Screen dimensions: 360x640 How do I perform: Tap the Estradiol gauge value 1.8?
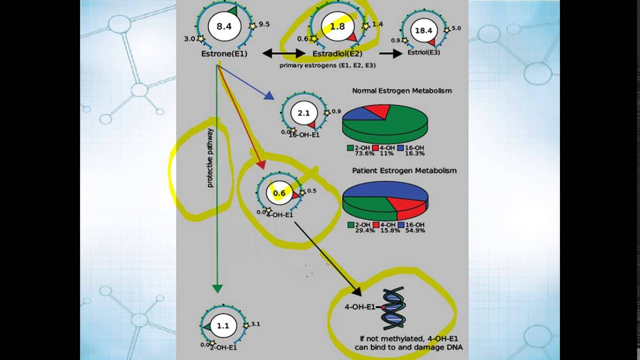point(338,26)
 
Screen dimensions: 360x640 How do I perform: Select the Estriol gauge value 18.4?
point(423,31)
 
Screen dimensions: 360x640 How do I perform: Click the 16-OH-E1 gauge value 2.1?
point(303,113)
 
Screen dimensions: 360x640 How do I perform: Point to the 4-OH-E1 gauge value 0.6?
point(279,193)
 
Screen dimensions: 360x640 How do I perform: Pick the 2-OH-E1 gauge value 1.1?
point(222,325)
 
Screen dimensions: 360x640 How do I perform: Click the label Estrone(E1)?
point(224,53)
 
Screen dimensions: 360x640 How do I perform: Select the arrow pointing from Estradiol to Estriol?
point(391,53)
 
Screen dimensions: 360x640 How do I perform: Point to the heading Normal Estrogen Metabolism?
point(402,91)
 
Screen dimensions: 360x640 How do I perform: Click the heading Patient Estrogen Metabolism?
point(404,170)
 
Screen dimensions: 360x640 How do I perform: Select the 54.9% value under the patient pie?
point(415,230)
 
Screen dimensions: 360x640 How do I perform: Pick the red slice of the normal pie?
point(377,111)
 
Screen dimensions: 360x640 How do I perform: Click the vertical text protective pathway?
point(210,158)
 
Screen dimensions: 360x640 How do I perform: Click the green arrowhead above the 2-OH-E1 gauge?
point(217,288)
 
